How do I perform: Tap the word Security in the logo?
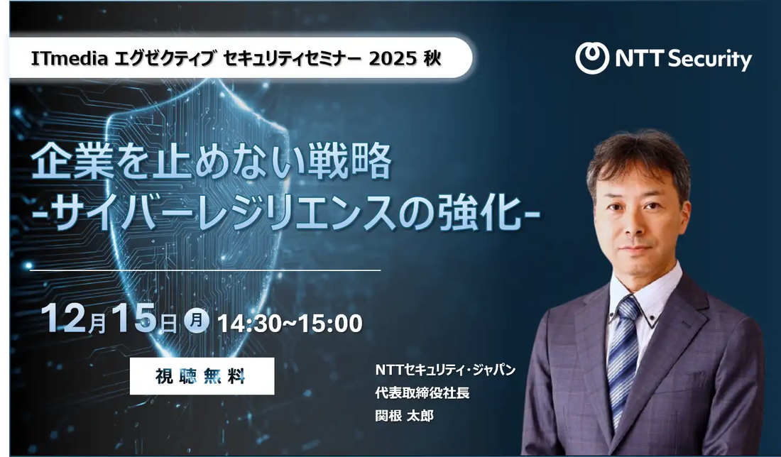pyautogui.click(x=703, y=59)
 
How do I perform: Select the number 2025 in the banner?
pyautogui.click(x=391, y=58)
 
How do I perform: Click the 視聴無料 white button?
pyautogui.click(x=202, y=376)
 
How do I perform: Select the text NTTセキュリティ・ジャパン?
pyautogui.click(x=445, y=370)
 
